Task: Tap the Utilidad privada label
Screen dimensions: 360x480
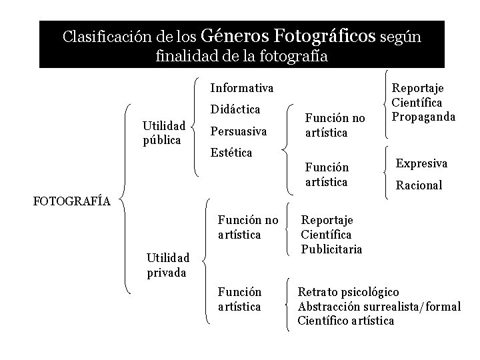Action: pyautogui.click(x=168, y=264)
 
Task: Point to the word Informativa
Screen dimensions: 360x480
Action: pyautogui.click(x=241, y=88)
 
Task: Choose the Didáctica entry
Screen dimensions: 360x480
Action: pyautogui.click(x=235, y=109)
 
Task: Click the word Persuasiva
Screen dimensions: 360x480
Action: pyautogui.click(x=238, y=131)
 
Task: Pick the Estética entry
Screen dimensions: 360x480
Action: pyautogui.click(x=231, y=153)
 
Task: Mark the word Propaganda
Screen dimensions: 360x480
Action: pyautogui.click(x=424, y=116)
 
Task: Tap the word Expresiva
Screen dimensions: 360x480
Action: pyautogui.click(x=422, y=163)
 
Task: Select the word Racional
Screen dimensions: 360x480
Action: pyautogui.click(x=419, y=185)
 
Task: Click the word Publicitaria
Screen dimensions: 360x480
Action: pyautogui.click(x=332, y=249)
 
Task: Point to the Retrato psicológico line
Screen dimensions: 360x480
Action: pyautogui.click(x=348, y=292)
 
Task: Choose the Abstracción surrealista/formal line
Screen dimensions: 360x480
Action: pyautogui.click(x=379, y=306)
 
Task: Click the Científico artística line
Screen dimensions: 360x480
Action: pyautogui.click(x=346, y=321)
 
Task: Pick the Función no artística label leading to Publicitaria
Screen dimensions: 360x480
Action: pyautogui.click(x=248, y=227)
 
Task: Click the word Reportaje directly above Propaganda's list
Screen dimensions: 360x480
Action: pyautogui.click(x=417, y=88)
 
